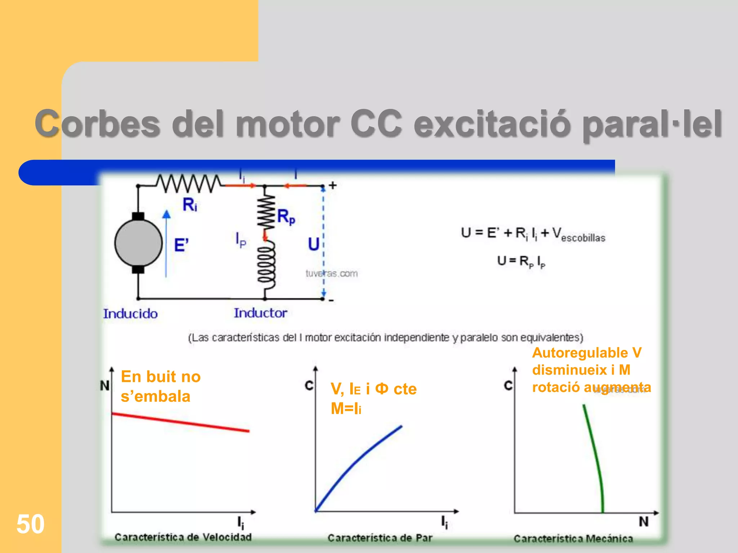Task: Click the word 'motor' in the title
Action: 288,124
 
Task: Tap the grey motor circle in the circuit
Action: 138,243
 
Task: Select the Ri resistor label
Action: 190,204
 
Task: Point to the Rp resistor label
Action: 286,217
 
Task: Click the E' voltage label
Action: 181,246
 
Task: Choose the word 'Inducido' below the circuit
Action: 130,314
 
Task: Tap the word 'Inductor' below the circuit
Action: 261,313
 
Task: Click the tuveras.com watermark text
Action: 332,274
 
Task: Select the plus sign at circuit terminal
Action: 333,185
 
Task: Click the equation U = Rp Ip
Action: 521,261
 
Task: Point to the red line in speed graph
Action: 180,422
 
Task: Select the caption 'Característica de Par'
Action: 380,538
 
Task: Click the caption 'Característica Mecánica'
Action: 573,539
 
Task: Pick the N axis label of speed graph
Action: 105,386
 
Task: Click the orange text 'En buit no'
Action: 161,377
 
